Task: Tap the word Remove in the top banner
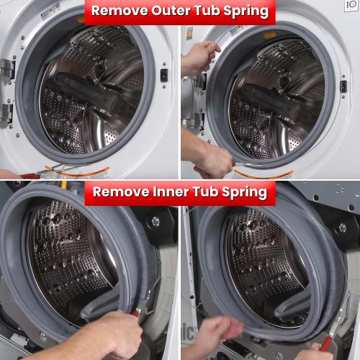pos(117,12)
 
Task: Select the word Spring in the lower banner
pos(241,192)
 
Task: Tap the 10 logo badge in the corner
pos(351,6)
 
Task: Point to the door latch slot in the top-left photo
pos(164,74)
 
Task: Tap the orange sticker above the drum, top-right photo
pos(269,35)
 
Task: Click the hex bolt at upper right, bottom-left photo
pos(155,222)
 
